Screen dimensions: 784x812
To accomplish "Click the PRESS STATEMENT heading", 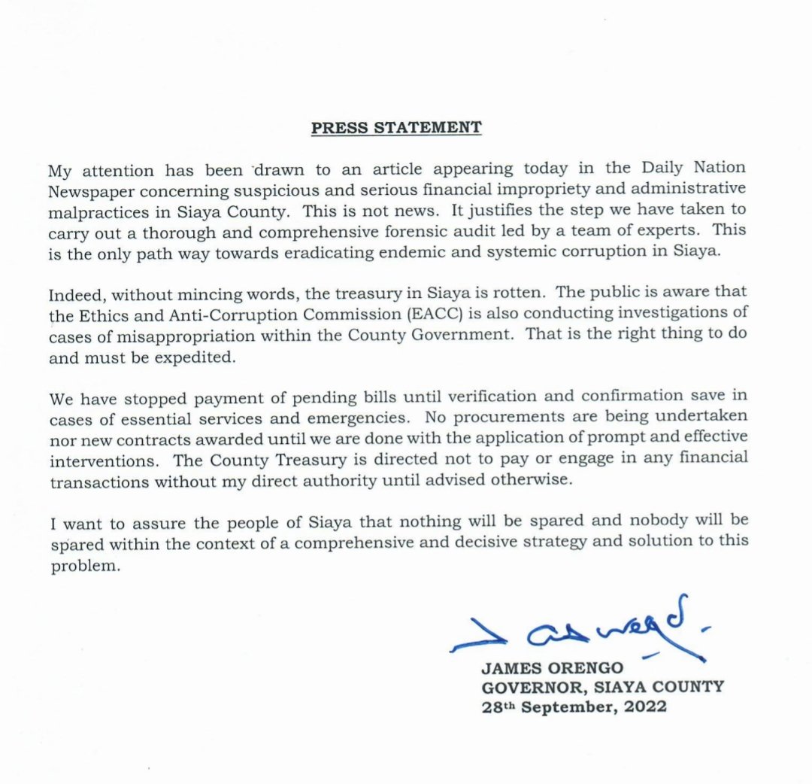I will pyautogui.click(x=396, y=127).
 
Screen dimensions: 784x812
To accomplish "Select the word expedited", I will pyautogui.click(x=195, y=357).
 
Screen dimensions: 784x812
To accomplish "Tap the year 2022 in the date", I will pyautogui.click(x=644, y=707).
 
